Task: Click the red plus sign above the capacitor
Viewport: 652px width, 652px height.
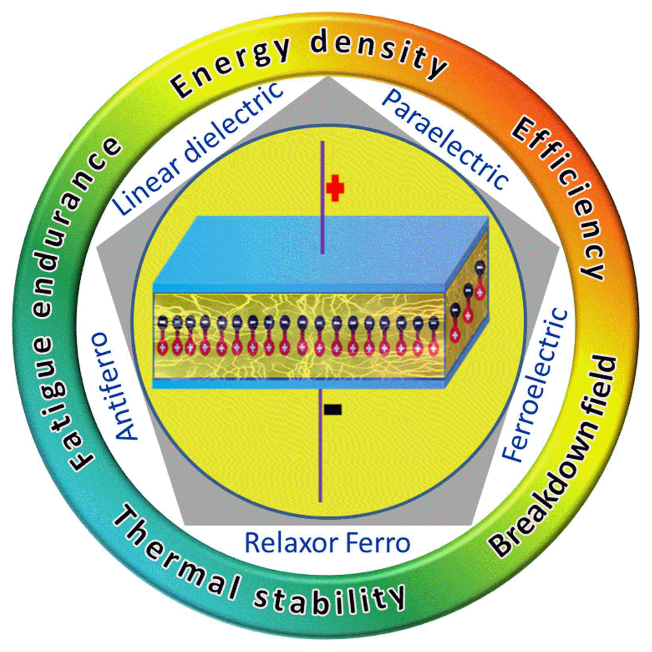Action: point(335,188)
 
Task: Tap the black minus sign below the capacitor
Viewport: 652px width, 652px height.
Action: point(333,410)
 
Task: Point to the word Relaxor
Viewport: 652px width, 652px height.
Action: point(291,542)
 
